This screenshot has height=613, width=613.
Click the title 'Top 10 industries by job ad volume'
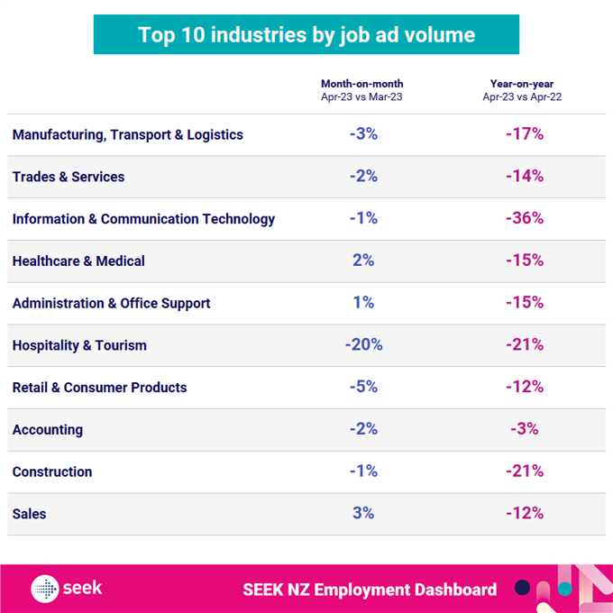pos(306,35)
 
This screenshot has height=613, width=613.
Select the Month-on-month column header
pos(362,89)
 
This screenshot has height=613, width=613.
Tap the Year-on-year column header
pos(523,89)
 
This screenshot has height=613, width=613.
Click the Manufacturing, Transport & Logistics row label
pos(128,135)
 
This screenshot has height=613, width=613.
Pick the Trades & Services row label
pos(69,177)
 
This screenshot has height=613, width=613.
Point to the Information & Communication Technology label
pos(143,219)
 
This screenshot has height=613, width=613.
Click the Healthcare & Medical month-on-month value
pos(362,261)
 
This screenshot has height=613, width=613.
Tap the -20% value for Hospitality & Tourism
pos(363,345)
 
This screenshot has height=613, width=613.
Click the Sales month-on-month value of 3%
pos(362,514)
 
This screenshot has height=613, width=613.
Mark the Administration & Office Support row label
pos(111,303)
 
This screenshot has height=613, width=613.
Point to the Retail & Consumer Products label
pos(99,388)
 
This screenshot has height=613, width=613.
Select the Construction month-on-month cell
pos(362,471)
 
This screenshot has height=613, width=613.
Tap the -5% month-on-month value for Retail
pos(362,388)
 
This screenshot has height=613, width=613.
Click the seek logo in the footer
pos(67,589)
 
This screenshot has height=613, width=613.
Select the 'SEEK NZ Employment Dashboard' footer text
pos(370,590)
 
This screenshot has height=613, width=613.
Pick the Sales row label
pos(29,514)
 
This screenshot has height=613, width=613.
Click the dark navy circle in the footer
pos(522,588)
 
